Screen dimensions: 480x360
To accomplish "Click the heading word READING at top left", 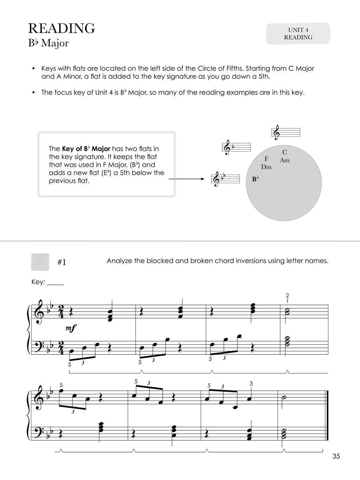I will point(62,28).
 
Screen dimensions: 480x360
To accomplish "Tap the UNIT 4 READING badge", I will point(298,34).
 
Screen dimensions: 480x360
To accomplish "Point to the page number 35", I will point(336,456).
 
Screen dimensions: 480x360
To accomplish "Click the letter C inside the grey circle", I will point(284,152).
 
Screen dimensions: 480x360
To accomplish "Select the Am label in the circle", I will point(285,160).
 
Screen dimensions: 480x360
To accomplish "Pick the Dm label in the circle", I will point(266,167).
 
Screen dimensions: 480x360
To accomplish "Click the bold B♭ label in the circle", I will point(255,179).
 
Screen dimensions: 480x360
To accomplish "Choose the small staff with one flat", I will point(236,147).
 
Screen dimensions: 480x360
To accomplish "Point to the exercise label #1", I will point(62,262).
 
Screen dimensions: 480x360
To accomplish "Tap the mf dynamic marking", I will point(71,328).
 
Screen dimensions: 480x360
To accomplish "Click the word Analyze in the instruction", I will point(119,261).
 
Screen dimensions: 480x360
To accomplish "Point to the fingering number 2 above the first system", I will point(287,295).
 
